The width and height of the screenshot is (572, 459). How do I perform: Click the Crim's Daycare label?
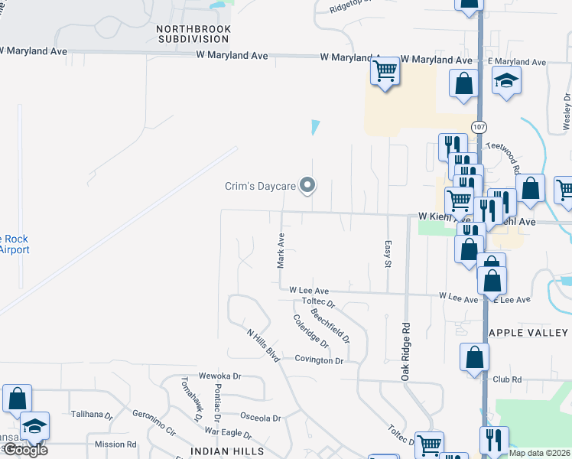260,185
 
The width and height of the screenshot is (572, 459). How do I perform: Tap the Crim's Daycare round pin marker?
307,184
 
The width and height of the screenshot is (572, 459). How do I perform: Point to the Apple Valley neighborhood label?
528,333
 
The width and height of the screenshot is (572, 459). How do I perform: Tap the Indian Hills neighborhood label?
232,452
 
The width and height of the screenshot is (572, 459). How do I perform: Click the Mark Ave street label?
281,251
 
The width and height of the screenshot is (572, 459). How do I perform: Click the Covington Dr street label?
320,360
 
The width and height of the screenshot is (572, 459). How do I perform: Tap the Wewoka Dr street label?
219,376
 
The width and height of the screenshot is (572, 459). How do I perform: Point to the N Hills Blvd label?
262,344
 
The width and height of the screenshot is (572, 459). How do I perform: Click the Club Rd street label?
507,379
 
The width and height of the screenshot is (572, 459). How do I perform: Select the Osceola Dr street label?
261,418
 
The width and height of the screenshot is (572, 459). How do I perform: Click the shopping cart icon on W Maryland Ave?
385,71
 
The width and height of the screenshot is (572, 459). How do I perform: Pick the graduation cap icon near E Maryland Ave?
505,81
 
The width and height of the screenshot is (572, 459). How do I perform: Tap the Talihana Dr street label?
92,415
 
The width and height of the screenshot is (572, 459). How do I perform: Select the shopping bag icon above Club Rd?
475,356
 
